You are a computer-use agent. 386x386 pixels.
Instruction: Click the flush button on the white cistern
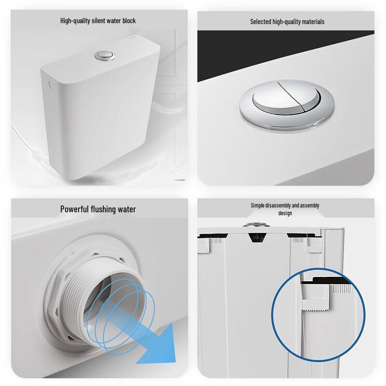(105, 56)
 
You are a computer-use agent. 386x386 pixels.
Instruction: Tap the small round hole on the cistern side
(51, 84)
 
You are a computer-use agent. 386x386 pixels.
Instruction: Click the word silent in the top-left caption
(99, 21)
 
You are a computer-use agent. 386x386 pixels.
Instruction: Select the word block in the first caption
(129, 21)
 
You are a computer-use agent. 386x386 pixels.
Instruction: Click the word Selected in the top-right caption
(261, 22)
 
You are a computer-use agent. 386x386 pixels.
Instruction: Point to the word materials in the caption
(313, 22)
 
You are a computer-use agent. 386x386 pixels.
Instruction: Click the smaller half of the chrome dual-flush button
(311, 96)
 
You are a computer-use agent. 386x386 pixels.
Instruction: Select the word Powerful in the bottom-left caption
(74, 209)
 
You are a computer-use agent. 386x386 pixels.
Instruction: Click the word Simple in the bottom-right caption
(258, 206)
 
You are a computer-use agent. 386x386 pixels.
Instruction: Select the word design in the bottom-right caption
(285, 213)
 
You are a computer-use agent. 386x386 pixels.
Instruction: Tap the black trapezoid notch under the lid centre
(258, 237)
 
